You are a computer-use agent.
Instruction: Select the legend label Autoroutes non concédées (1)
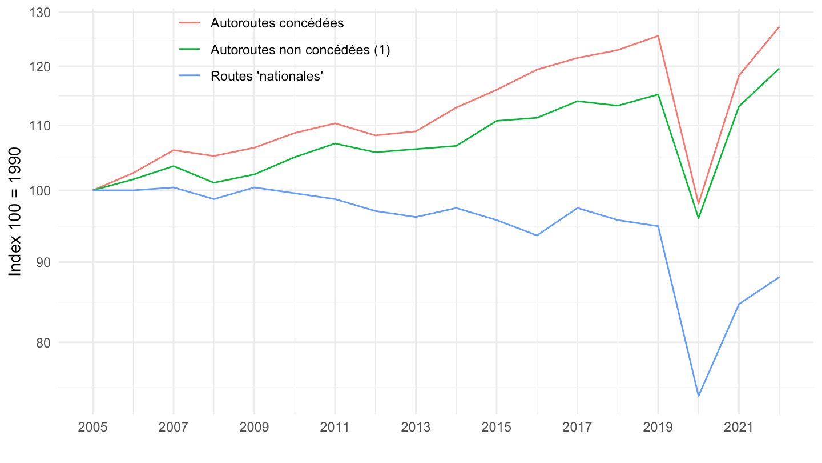300,50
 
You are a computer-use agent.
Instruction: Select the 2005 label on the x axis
93,428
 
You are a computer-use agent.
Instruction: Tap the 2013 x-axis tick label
416,428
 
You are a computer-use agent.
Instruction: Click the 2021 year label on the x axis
739,428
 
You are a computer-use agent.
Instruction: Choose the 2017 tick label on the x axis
577,428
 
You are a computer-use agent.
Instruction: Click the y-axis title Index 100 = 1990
16,211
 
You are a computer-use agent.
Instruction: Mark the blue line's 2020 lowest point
698,396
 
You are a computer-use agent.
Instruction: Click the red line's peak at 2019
658,35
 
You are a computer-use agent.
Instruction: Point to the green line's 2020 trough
698,218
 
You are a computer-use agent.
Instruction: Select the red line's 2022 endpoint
779,27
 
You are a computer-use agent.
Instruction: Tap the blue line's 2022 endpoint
779,277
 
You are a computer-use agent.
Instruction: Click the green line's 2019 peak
658,94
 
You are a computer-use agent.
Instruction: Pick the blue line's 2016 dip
537,236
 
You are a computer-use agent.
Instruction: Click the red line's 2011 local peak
335,123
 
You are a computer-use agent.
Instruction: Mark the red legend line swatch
190,23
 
